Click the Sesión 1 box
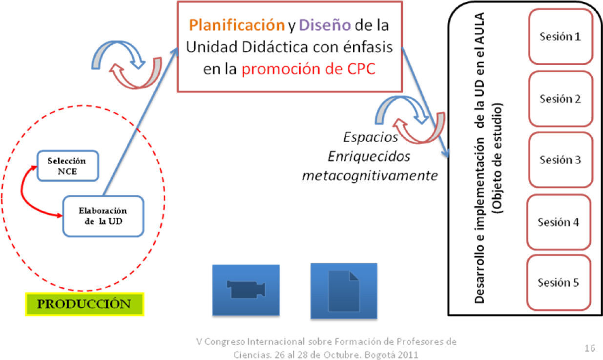pos(560,37)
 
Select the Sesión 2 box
pos(560,99)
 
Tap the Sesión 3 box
pos(560,160)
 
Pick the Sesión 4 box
pos(559,222)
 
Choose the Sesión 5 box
pos(559,282)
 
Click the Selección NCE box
pos(68,166)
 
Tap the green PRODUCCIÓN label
pos(84,304)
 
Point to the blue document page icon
pos(344,290)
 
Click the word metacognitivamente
pos(370,176)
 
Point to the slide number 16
pos(589,348)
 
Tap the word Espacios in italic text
pos(371,137)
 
